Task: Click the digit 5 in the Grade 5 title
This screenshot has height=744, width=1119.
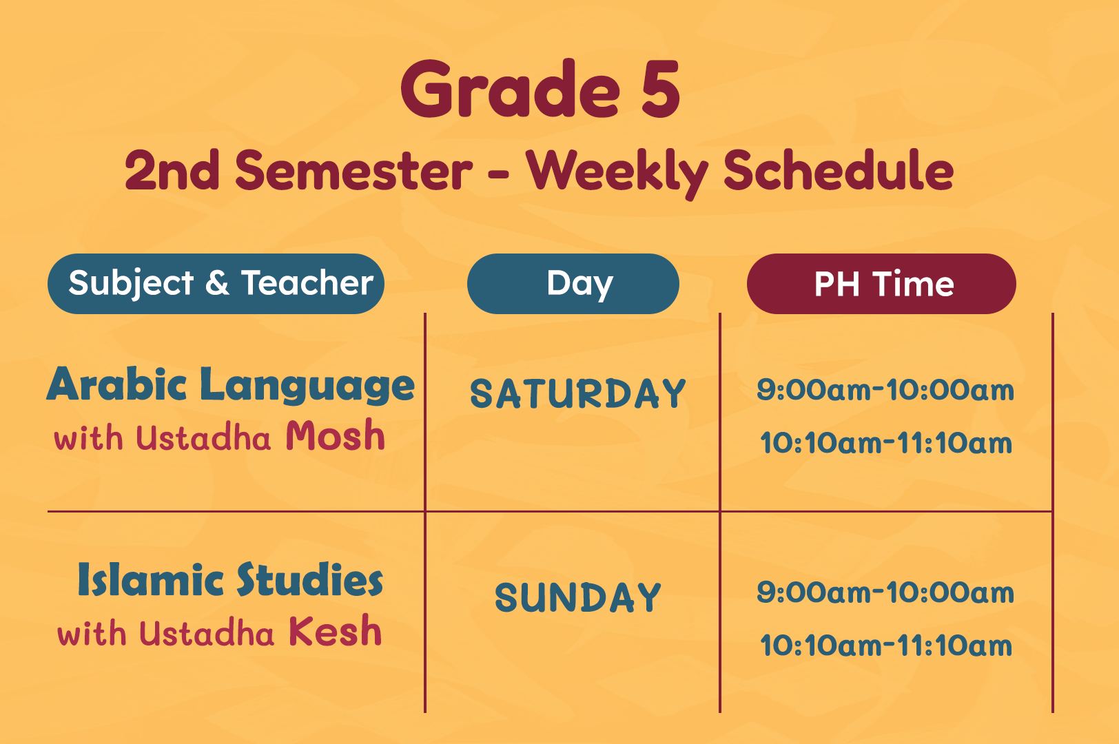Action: [660, 89]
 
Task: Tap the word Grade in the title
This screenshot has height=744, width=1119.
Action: [510, 88]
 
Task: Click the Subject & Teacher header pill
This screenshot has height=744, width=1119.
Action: [216, 284]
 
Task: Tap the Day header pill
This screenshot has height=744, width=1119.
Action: [573, 284]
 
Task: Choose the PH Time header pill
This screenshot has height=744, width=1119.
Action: [881, 284]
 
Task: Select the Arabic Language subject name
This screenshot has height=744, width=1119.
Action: [231, 385]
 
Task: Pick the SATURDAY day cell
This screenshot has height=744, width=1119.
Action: [578, 393]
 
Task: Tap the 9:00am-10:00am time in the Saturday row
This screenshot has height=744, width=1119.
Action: [885, 390]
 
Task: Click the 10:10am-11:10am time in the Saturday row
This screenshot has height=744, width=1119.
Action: [886, 443]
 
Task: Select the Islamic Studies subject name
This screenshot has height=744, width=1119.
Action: [230, 579]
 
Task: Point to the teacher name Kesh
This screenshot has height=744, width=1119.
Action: [335, 630]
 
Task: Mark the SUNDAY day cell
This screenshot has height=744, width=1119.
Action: [578, 597]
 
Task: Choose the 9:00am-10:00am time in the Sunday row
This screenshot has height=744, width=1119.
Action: [885, 592]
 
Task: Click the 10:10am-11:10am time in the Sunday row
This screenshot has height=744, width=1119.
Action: [886, 645]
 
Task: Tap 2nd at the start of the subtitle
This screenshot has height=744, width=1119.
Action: [172, 170]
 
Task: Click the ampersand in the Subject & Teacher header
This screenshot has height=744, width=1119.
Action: [217, 283]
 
